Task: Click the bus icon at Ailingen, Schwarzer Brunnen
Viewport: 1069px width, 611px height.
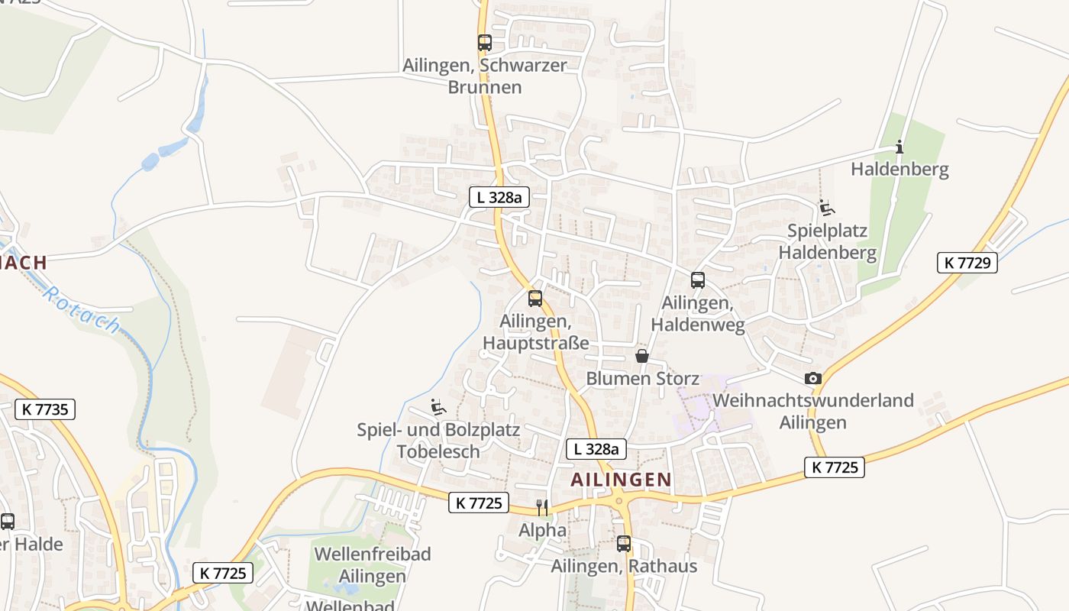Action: pos(485,43)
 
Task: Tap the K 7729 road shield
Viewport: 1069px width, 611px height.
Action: pos(967,263)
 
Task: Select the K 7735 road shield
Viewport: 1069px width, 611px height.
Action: pos(45,409)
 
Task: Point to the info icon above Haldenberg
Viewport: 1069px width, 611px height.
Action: pos(899,147)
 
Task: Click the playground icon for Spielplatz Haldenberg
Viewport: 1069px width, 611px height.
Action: pos(826,207)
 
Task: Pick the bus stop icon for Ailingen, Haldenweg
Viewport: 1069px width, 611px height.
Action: pos(697,280)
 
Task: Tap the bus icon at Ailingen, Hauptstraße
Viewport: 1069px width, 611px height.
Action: pos(535,299)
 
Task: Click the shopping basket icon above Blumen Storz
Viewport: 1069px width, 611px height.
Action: pos(642,356)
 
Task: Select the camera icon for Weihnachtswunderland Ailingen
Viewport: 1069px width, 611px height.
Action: pos(813,378)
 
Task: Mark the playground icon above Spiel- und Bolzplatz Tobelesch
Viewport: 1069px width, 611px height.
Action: pos(438,407)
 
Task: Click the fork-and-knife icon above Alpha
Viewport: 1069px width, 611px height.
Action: pos(542,508)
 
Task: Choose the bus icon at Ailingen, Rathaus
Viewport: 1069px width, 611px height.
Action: pos(624,544)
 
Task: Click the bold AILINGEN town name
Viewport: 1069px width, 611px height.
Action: pos(622,480)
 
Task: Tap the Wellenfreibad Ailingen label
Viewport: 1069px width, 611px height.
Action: pos(373,564)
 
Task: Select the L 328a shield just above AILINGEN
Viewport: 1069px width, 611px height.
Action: pos(596,449)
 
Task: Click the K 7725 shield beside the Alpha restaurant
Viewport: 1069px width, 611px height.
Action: pos(479,503)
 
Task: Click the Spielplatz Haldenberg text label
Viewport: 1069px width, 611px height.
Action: pos(828,241)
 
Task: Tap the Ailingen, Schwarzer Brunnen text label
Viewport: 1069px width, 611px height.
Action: pos(485,76)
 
